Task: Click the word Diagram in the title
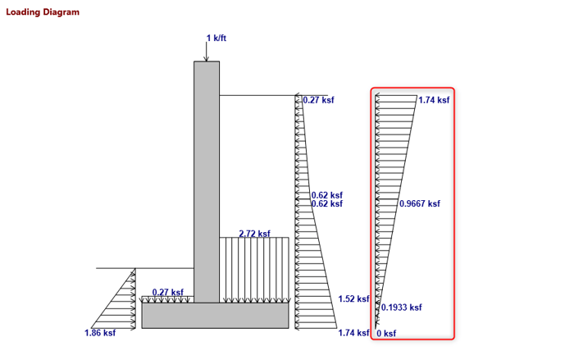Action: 62,12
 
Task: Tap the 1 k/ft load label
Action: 216,39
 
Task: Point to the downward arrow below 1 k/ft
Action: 207,52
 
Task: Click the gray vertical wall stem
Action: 207,180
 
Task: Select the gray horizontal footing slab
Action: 215,316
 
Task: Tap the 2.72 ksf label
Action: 254,234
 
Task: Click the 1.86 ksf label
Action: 100,333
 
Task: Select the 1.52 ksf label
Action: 353,299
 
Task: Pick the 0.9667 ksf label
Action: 419,204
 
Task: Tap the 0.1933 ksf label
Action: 401,308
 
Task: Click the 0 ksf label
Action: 386,334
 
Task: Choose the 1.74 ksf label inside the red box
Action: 434,100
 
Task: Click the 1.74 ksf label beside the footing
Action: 353,333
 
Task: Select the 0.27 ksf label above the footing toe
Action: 167,292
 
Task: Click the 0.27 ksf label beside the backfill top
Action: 318,100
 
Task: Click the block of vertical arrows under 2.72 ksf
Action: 254,271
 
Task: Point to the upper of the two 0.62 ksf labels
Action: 326,195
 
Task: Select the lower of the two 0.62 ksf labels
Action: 326,204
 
